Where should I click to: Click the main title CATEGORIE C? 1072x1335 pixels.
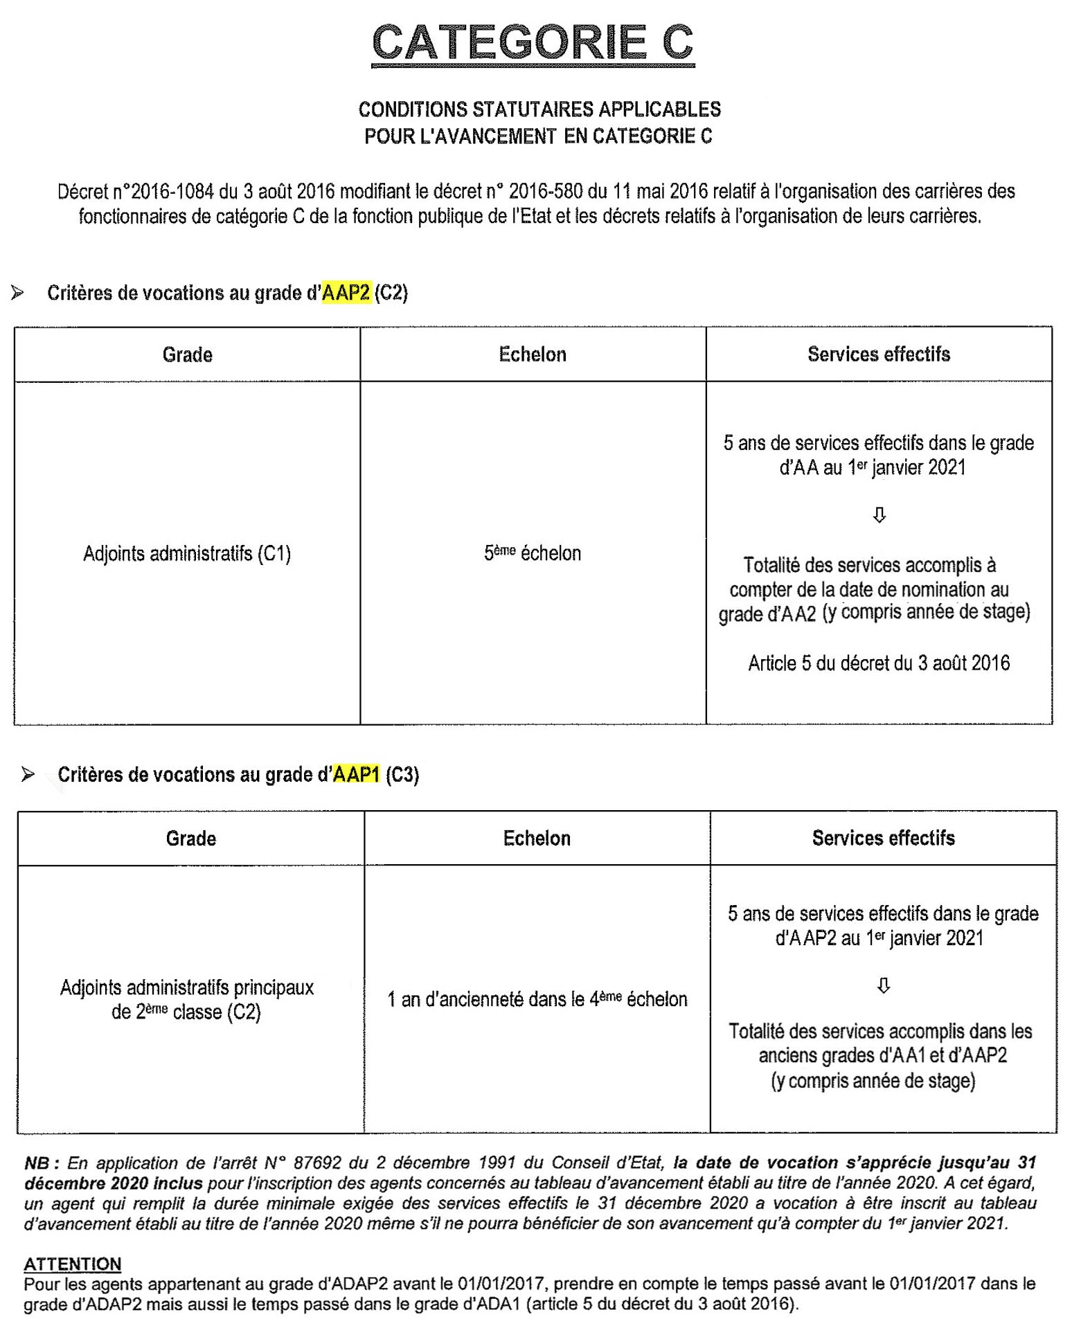[533, 43]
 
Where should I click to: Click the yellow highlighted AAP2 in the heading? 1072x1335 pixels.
[346, 293]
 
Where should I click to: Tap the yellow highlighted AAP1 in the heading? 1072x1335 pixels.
[357, 774]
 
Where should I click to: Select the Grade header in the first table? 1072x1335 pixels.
[187, 355]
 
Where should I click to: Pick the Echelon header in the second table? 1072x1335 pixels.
[537, 839]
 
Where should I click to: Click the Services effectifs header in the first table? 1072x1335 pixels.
[879, 355]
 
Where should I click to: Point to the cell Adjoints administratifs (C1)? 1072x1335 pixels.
[187, 554]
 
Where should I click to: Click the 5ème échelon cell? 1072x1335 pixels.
[533, 553]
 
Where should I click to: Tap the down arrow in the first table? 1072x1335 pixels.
[879, 515]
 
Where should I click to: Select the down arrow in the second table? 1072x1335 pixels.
[884, 985]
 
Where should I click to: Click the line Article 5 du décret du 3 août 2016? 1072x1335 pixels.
[879, 663]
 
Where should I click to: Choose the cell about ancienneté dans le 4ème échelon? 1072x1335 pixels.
[537, 999]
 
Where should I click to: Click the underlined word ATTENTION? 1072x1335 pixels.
[73, 1264]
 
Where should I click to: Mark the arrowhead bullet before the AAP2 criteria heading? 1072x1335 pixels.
[18, 293]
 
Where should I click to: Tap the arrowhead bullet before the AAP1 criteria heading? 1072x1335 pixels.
[28, 774]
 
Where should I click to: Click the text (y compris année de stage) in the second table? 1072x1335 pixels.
[873, 1081]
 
